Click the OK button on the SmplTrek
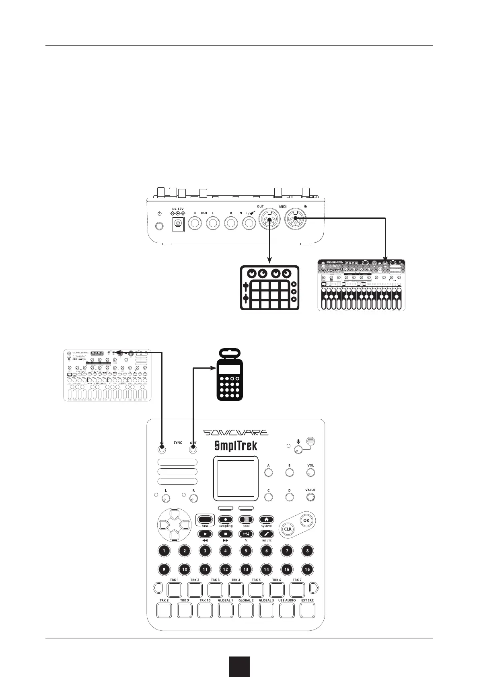click(306, 520)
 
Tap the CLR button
click(288, 529)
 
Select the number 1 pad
click(164, 551)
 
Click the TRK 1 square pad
click(174, 590)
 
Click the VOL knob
click(310, 473)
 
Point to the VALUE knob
click(310, 498)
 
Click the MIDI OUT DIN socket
click(269, 220)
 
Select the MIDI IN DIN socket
click(295, 220)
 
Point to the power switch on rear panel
click(160, 226)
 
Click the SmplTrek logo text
click(236, 446)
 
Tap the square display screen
click(236, 478)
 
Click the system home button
click(266, 520)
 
